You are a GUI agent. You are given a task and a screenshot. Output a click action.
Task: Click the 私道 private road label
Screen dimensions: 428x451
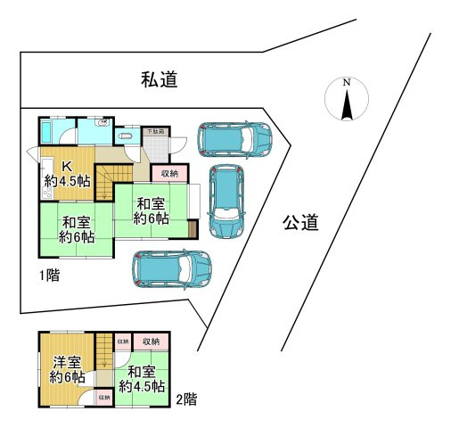coord(160,80)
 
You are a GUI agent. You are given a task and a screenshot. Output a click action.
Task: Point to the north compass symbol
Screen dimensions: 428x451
coord(347,98)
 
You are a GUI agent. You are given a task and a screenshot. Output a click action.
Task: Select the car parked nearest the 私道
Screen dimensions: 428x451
coord(234,138)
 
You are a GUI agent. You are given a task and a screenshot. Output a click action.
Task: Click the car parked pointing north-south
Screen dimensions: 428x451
coord(225,202)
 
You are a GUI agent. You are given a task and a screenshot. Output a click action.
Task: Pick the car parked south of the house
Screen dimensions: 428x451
coord(172,267)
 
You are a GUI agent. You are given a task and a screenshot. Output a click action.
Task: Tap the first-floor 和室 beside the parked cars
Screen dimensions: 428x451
coord(151,210)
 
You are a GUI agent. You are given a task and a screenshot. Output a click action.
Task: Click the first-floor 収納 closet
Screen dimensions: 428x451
coord(169,172)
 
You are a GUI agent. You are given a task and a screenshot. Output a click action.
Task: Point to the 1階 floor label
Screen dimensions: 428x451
coord(48,276)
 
